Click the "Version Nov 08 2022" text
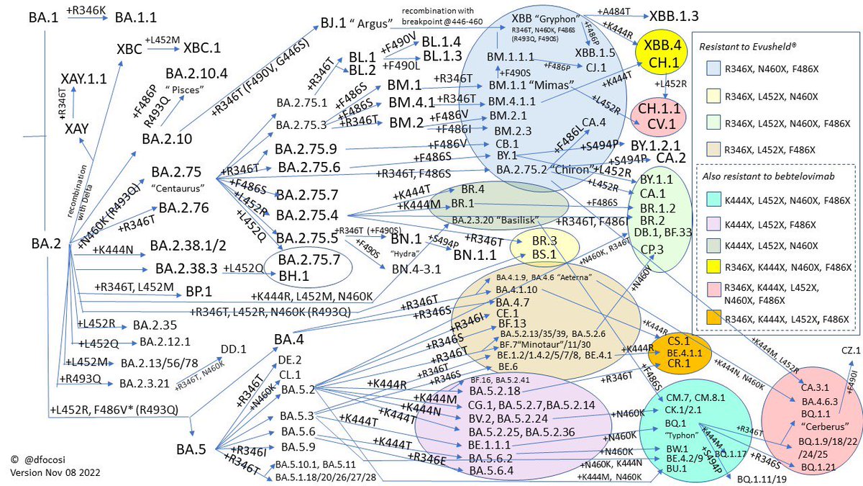(x=55, y=473)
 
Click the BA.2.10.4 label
(x=196, y=74)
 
